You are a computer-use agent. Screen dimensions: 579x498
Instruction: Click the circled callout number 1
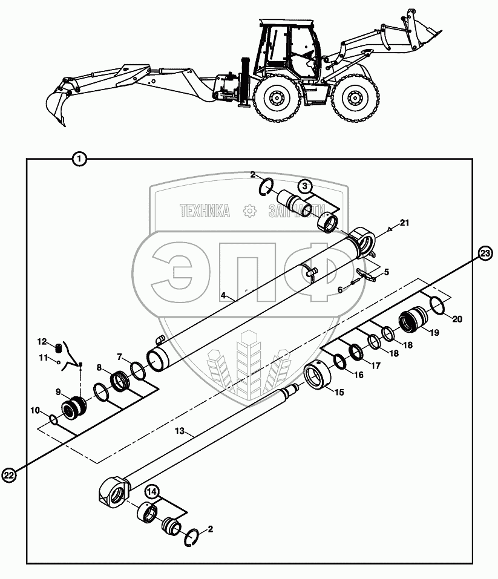coord(79,159)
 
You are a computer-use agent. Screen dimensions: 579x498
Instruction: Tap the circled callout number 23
coord(485,254)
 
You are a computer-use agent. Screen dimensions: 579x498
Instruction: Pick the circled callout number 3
coord(305,186)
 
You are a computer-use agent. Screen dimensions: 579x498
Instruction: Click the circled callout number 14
coord(152,492)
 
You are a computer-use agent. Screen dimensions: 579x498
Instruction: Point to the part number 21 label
coord(404,223)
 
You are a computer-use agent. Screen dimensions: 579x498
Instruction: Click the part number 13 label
coord(179,433)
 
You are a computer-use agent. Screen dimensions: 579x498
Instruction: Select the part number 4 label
coord(223,295)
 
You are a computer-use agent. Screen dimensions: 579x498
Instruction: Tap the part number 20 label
coord(457,319)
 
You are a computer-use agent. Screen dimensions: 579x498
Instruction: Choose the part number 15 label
coord(338,392)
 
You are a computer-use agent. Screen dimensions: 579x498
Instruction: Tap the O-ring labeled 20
coord(437,304)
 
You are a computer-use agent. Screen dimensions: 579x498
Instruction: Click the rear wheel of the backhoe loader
coord(277,98)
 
